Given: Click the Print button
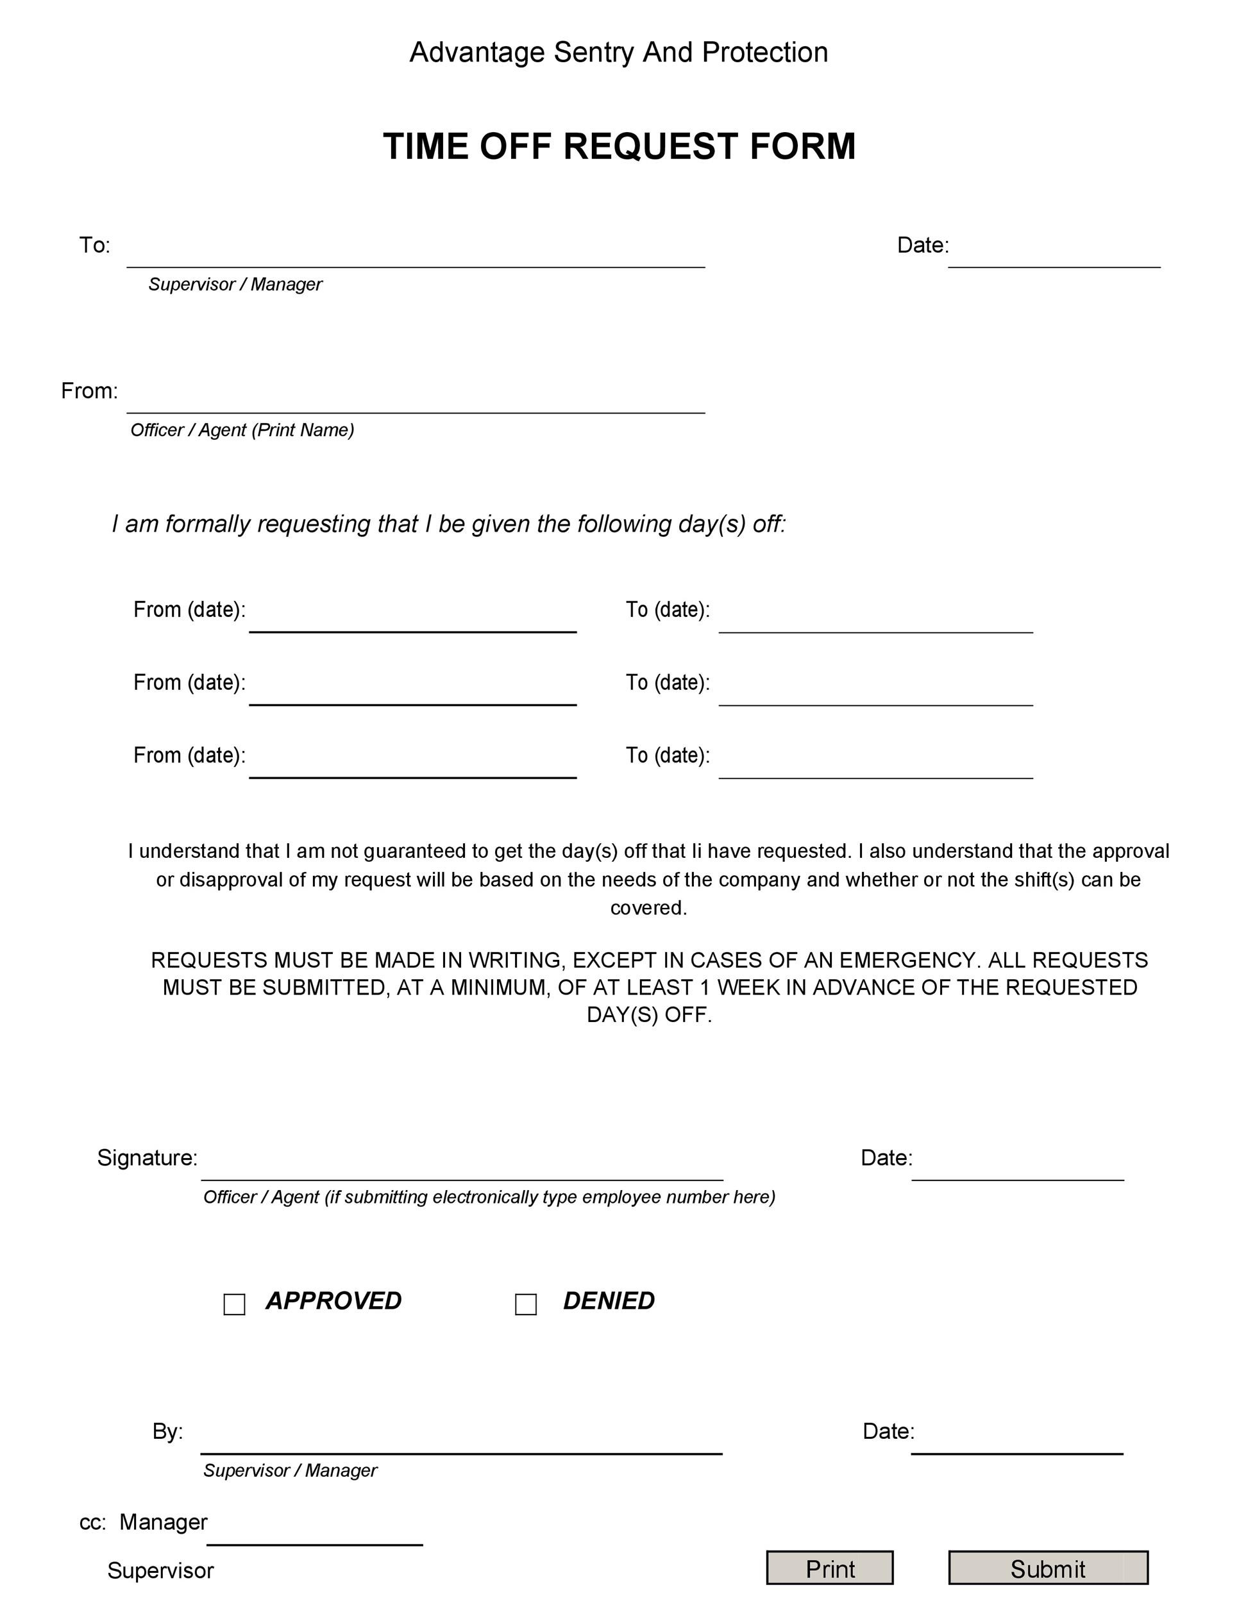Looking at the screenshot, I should pos(829,1568).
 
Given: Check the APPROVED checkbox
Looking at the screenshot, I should pos(234,1304).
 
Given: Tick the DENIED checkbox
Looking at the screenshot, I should pos(525,1304).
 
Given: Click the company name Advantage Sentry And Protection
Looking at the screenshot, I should pos(619,53).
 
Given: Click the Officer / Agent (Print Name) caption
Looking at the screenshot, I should pos(242,430).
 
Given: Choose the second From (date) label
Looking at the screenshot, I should pos(189,683).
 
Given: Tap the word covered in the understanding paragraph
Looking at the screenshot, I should pos(648,908).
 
